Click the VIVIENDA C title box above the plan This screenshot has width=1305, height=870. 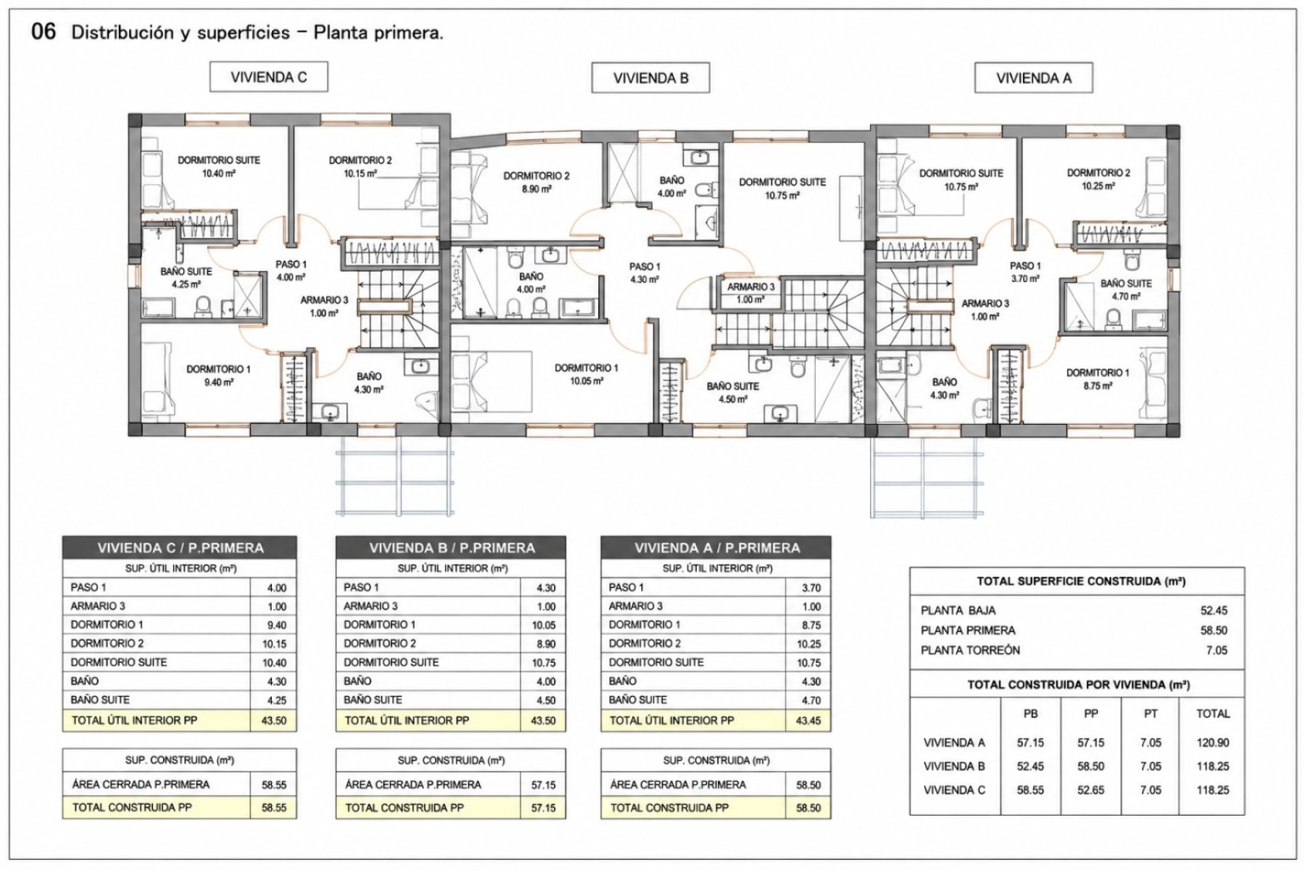pos(268,77)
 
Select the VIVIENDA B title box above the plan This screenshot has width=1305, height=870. pos(650,78)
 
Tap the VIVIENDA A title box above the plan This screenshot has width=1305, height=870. pos(1034,78)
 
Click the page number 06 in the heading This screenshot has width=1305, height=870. pos(43,32)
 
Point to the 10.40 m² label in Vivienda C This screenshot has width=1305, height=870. pos(219,173)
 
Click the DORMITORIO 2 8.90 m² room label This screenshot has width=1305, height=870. pos(536,182)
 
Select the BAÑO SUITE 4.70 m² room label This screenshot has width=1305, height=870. pos(1126,290)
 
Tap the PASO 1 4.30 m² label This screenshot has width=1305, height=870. pos(644,273)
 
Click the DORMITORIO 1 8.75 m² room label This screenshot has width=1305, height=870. pos(1098,379)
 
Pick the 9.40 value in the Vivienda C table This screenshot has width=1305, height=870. pos(277,625)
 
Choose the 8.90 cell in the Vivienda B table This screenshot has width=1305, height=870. pos(546,644)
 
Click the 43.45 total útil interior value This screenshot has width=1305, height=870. pos(808,720)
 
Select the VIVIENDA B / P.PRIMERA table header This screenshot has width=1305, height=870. pos(451,548)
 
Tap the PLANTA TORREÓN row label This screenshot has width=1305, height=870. pos(970,650)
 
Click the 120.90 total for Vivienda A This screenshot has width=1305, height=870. pos(1213,743)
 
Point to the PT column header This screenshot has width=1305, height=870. pos(1151,714)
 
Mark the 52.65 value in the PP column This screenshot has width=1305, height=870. pos(1091,790)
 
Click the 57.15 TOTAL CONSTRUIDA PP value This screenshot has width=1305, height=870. pos(544,808)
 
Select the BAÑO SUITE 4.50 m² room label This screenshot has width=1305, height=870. pos(733,393)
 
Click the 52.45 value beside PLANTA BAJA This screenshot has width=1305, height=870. pos(1214,610)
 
